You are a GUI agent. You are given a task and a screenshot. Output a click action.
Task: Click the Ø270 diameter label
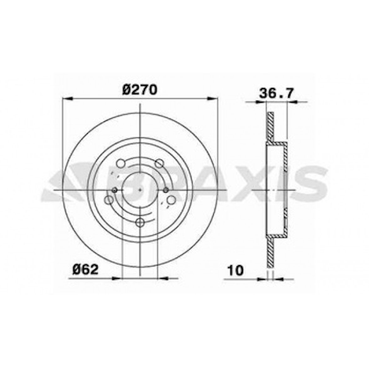[x=139, y=90]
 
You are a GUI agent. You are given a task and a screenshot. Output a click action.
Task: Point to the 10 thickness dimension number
[x=235, y=270]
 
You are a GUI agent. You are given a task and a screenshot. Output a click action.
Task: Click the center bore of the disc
[x=139, y=190]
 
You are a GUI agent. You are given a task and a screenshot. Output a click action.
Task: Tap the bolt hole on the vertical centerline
[x=140, y=222]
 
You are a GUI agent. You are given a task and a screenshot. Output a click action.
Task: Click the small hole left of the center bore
[x=115, y=190]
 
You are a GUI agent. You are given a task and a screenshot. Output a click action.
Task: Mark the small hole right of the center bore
[x=166, y=190]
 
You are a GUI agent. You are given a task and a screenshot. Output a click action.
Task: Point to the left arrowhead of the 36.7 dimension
[x=261, y=102]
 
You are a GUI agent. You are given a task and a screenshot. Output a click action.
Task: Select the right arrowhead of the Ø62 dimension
[x=163, y=278]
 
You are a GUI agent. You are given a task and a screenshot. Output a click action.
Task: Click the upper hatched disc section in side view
[x=270, y=127]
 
